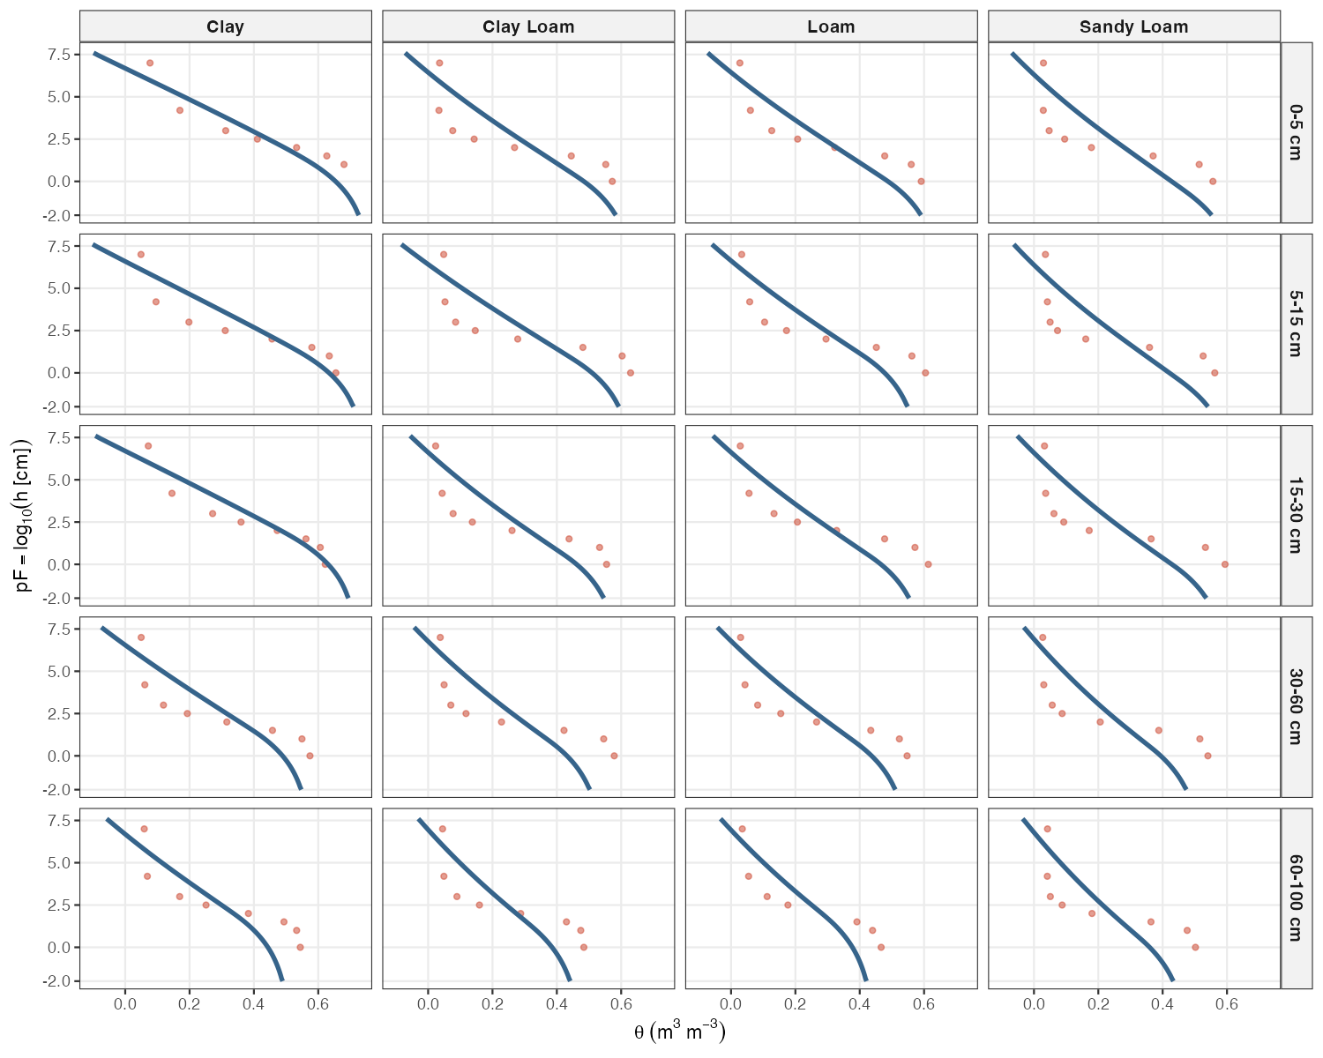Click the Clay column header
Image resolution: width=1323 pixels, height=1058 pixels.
pyautogui.click(x=226, y=26)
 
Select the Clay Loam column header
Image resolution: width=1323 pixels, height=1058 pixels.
pyautogui.click(x=528, y=26)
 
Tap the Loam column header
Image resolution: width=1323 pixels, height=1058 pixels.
pyautogui.click(x=831, y=26)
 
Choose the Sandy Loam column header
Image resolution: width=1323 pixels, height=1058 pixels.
pyautogui.click(x=1133, y=26)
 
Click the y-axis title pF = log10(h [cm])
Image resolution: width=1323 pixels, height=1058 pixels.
pyautogui.click(x=24, y=516)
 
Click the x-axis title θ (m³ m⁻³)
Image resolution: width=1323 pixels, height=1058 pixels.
pyautogui.click(x=679, y=1032)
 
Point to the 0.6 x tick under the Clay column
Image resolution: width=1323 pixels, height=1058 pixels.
pyautogui.click(x=318, y=1004)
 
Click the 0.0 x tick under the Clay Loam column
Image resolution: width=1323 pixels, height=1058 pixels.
pyautogui.click(x=428, y=1004)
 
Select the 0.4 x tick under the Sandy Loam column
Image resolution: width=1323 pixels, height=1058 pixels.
pyautogui.click(x=1162, y=1004)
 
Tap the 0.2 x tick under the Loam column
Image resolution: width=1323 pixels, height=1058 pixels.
pyautogui.click(x=796, y=1004)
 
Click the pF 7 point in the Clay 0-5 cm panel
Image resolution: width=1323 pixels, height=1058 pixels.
pyautogui.click(x=150, y=63)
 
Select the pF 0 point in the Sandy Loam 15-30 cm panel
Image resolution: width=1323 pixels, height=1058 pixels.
pyautogui.click(x=1224, y=564)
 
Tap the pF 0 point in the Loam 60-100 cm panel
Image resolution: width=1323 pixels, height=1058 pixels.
pyautogui.click(x=880, y=947)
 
